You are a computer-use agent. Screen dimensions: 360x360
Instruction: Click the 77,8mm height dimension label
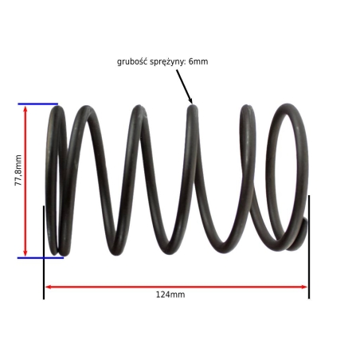point(18,170)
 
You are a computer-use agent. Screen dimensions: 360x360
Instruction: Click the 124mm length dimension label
point(170,295)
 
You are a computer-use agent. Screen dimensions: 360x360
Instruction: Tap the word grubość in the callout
point(132,62)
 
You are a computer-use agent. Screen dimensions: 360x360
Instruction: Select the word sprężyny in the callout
point(168,62)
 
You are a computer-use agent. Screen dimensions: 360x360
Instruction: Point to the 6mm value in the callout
point(198,61)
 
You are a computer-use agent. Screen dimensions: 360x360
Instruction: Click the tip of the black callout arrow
point(192,103)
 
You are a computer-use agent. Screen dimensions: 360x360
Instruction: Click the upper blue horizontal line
point(38,104)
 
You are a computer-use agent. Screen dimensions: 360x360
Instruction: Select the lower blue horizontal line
point(41,258)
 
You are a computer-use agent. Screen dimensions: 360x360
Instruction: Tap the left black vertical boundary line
point(44,252)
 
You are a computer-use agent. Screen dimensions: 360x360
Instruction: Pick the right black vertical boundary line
point(309,247)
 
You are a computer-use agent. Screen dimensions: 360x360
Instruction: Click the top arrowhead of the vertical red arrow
point(25,108)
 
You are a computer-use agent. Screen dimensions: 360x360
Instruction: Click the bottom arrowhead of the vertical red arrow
point(25,253)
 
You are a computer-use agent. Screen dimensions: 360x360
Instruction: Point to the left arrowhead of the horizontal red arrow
point(48,287)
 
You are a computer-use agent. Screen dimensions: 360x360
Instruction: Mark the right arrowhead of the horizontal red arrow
point(304,287)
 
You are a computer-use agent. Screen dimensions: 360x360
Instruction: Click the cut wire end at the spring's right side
point(304,222)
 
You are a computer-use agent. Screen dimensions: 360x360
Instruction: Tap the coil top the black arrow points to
point(193,108)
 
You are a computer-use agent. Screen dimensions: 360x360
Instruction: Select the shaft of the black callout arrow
point(184,85)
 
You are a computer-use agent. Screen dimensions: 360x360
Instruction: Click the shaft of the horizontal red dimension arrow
point(176,287)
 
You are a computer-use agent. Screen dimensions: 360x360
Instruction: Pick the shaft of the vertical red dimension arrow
point(25,181)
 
